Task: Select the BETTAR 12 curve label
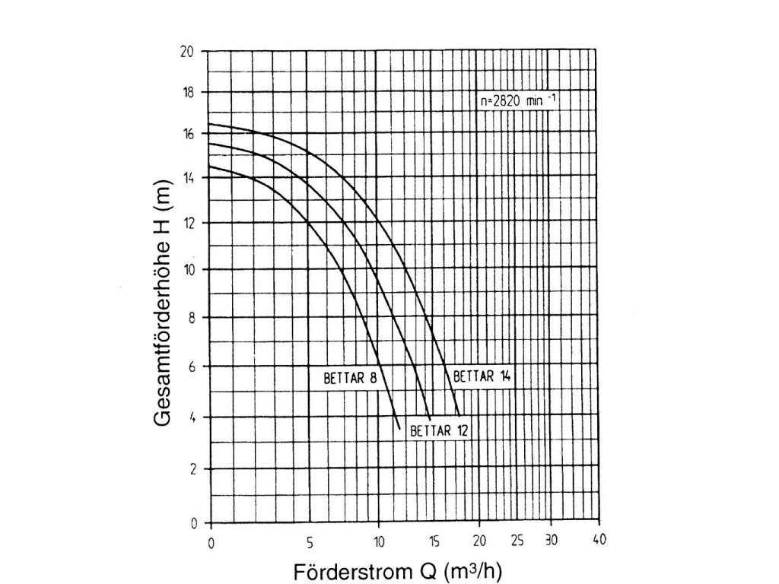point(439,431)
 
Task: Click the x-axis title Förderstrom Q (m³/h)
point(398,571)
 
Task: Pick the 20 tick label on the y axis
point(187,52)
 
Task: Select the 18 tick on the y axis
point(187,93)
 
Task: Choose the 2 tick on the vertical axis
point(192,470)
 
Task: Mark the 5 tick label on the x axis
point(310,542)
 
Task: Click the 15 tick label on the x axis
point(434,542)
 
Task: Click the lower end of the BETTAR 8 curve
point(399,429)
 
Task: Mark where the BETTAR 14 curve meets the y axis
point(209,124)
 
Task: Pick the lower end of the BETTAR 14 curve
point(459,414)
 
